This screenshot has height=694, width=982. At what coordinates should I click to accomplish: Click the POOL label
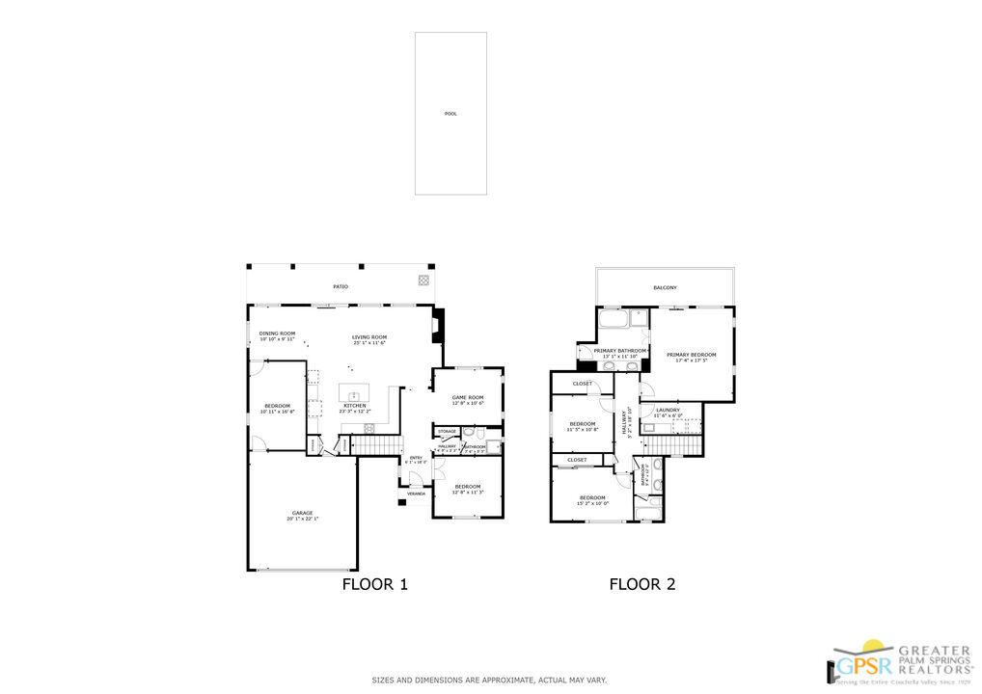point(450,114)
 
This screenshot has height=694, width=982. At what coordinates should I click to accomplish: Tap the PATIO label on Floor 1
point(341,287)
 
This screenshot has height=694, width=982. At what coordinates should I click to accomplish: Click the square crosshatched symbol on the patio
point(423,280)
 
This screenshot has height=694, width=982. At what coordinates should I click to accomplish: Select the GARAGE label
point(302,513)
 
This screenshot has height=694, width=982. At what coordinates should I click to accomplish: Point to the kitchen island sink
point(354,395)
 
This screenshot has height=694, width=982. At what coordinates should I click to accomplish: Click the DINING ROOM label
point(276,334)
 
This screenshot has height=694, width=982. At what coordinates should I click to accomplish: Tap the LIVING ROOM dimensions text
point(368,343)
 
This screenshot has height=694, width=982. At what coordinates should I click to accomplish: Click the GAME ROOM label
point(468,397)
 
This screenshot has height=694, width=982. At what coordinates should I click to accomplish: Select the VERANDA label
point(416,494)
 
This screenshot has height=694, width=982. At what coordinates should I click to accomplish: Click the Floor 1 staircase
point(374,445)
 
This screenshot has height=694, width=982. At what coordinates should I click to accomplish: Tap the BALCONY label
point(665,288)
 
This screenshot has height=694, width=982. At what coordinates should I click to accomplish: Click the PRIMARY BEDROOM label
point(691,355)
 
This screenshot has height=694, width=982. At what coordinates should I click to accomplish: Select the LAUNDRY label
point(668,410)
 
